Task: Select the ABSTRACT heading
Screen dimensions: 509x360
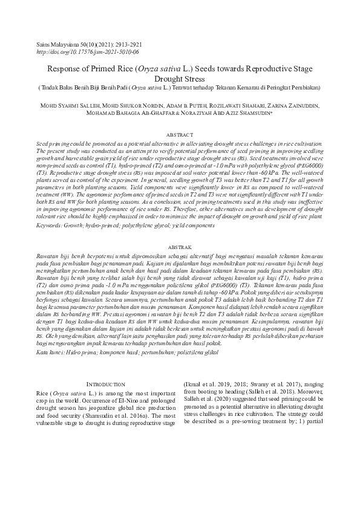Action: pos(180,134)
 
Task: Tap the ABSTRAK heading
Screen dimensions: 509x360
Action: pos(180,248)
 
